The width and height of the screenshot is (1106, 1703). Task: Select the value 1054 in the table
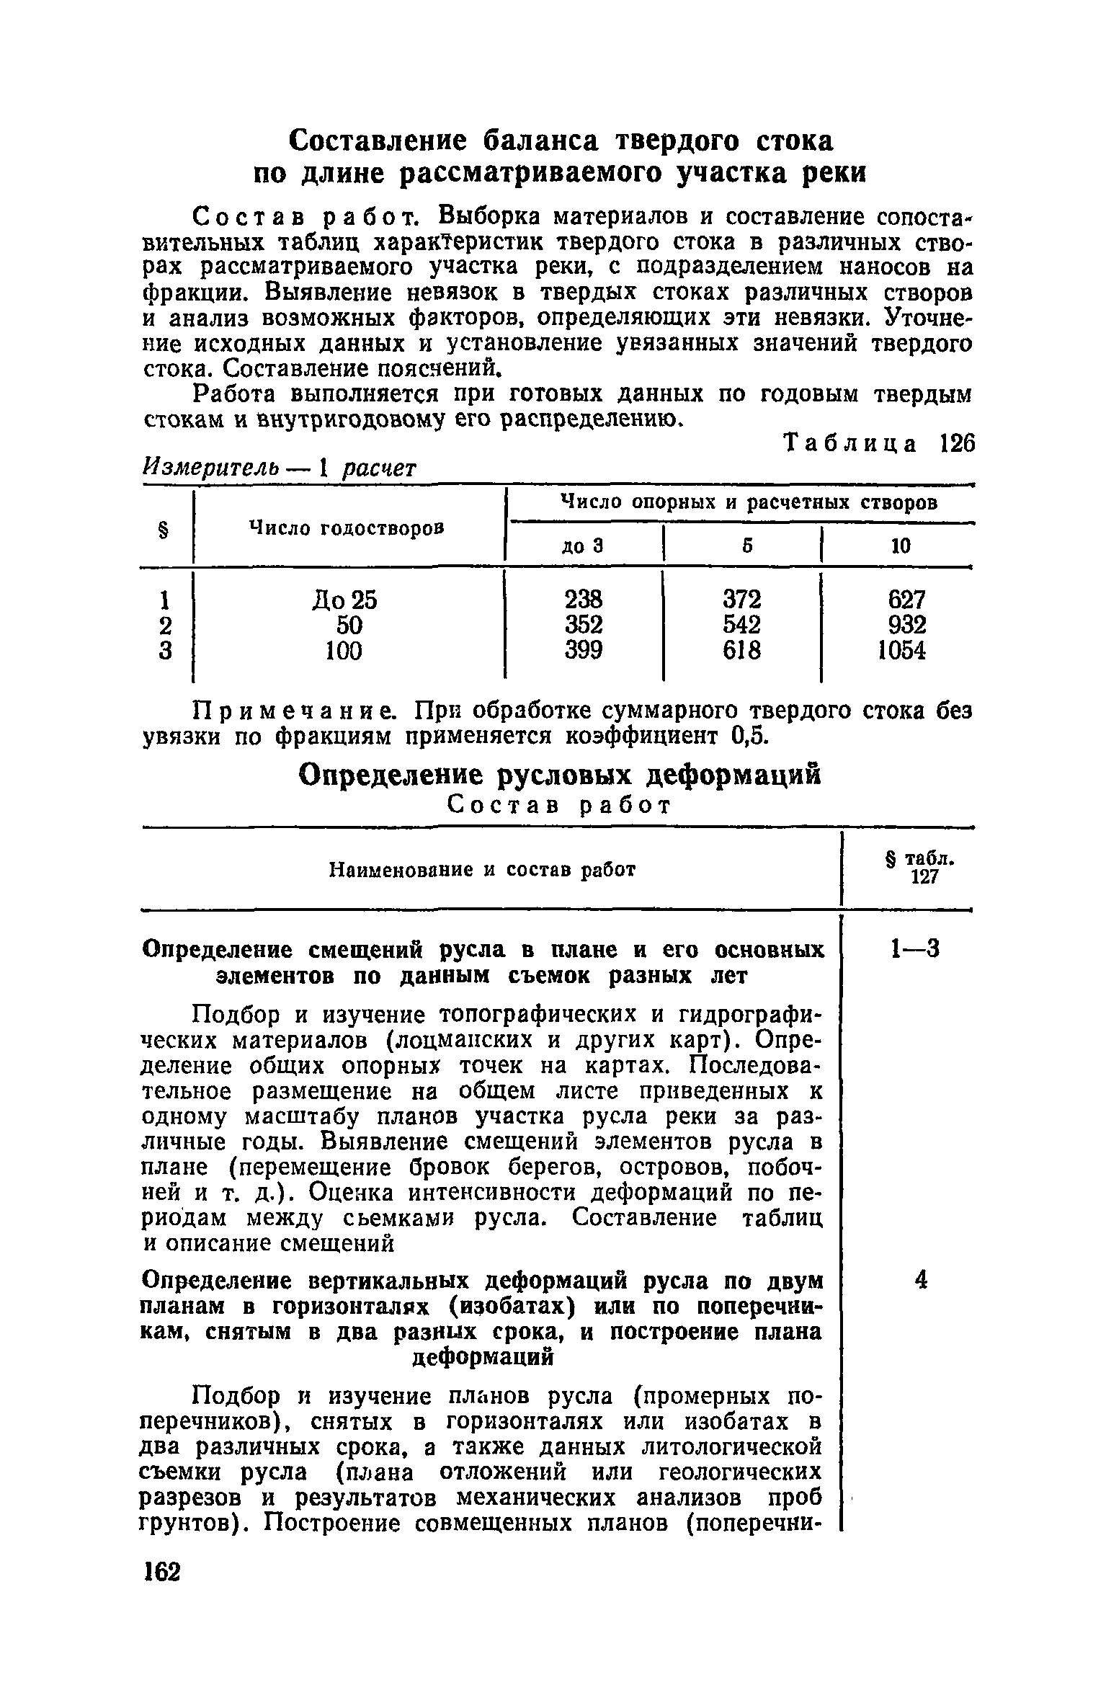[901, 651]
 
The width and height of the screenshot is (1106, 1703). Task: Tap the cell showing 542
[741, 625]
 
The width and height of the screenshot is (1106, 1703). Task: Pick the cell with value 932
[906, 625]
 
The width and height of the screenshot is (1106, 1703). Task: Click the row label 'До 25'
[344, 599]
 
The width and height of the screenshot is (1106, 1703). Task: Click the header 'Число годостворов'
[346, 528]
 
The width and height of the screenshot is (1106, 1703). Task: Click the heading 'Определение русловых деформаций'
[559, 775]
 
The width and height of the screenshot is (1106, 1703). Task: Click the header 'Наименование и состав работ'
[482, 870]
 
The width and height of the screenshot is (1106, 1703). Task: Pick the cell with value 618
[741, 651]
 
